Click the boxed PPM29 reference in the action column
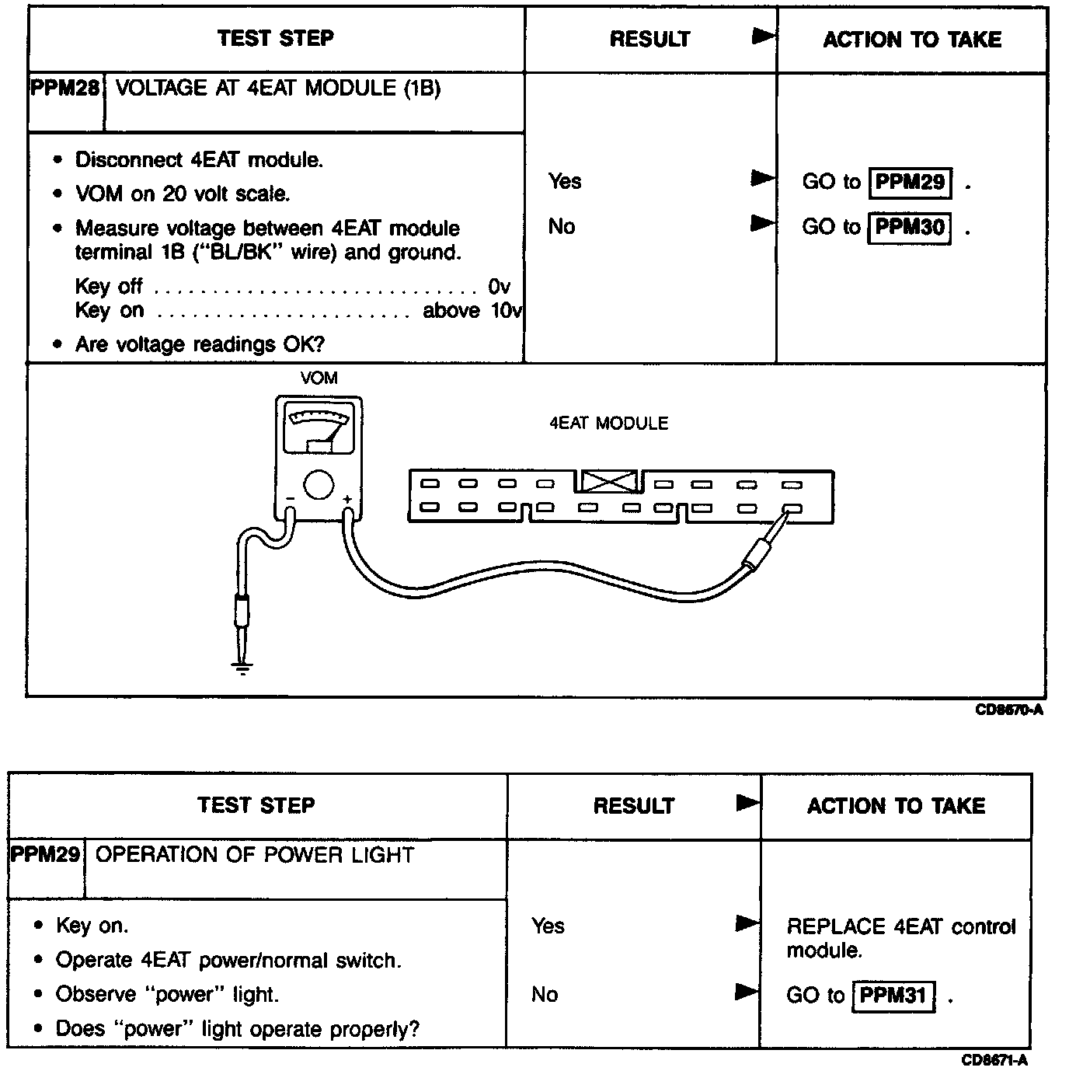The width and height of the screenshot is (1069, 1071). click(910, 182)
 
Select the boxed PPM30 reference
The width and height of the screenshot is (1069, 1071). click(910, 227)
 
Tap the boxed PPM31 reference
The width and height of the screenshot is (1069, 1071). click(893, 996)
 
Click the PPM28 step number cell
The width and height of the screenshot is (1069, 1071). click(65, 89)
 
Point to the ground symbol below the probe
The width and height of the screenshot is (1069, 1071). click(242, 667)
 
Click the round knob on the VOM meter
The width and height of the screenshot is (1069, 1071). click(319, 484)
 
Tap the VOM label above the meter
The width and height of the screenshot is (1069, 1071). click(319, 379)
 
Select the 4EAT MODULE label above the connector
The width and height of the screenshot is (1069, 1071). click(608, 424)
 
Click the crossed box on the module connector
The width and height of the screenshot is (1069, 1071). click(609, 482)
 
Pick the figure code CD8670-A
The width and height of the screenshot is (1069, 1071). click(1009, 710)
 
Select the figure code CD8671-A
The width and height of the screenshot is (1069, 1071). click(994, 1060)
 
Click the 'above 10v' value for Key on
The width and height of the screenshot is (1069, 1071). click(472, 311)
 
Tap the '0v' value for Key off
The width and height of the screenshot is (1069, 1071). click(499, 287)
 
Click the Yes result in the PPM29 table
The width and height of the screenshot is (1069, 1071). click(548, 926)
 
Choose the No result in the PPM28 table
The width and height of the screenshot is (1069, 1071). click(561, 227)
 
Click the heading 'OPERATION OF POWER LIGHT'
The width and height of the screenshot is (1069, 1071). click(254, 855)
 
